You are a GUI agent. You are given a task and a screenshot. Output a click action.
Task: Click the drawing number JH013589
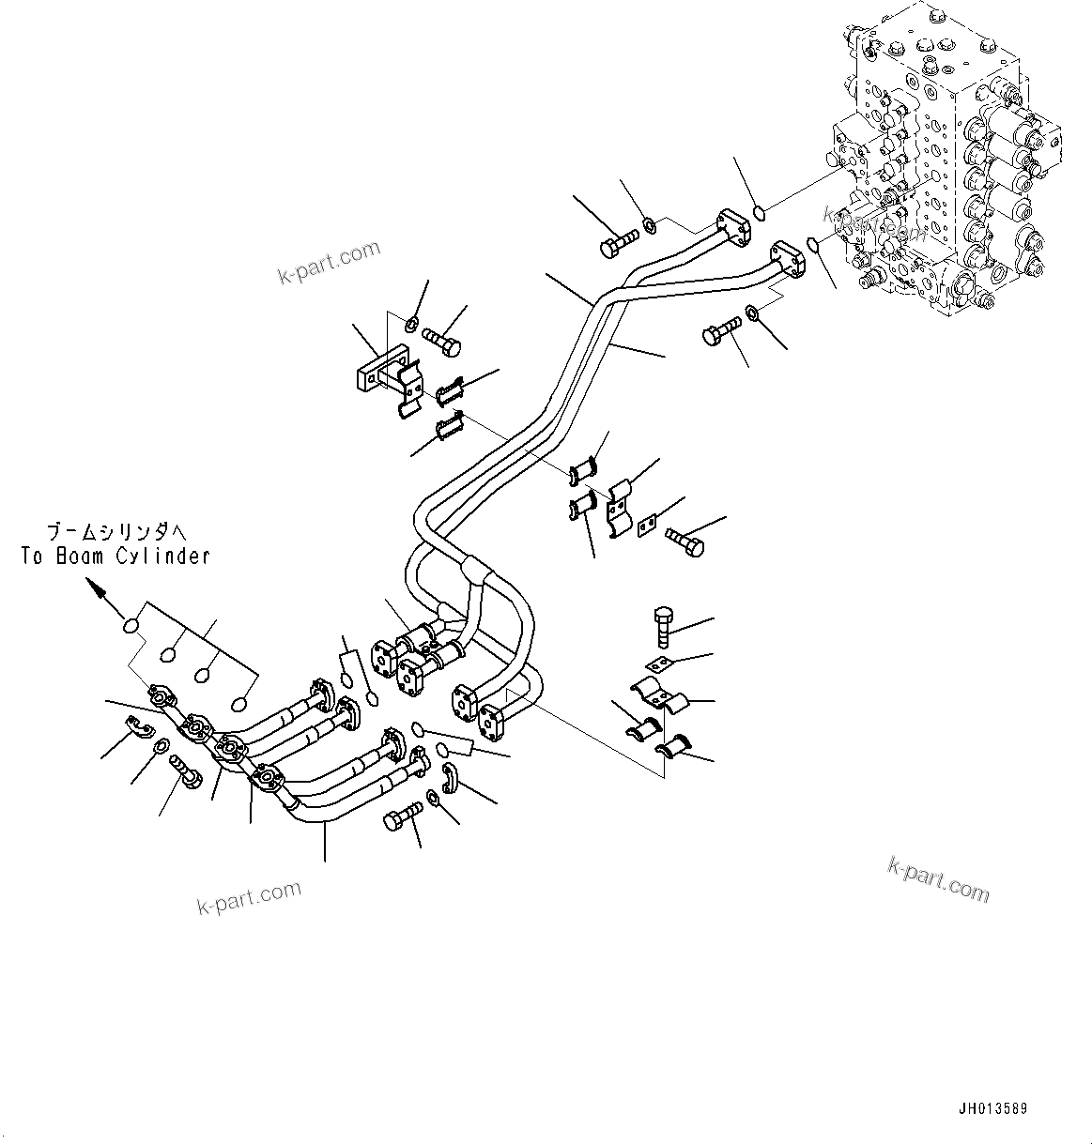click(993, 1109)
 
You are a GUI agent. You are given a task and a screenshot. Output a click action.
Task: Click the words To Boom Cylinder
click(115, 557)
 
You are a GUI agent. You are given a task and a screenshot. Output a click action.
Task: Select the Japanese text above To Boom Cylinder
click(115, 530)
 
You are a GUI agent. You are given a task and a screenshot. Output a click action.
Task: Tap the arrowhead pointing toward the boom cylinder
click(95, 587)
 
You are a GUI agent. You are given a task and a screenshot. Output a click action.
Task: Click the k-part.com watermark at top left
click(329, 262)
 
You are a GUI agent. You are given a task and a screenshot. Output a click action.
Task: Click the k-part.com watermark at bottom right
click(938, 878)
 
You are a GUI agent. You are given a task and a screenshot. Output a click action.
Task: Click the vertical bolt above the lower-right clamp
click(661, 626)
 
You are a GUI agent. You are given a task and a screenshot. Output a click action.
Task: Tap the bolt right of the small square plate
click(684, 541)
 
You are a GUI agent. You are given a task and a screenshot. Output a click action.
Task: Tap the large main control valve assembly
click(948, 160)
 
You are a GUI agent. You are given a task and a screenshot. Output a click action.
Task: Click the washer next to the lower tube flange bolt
click(753, 312)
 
